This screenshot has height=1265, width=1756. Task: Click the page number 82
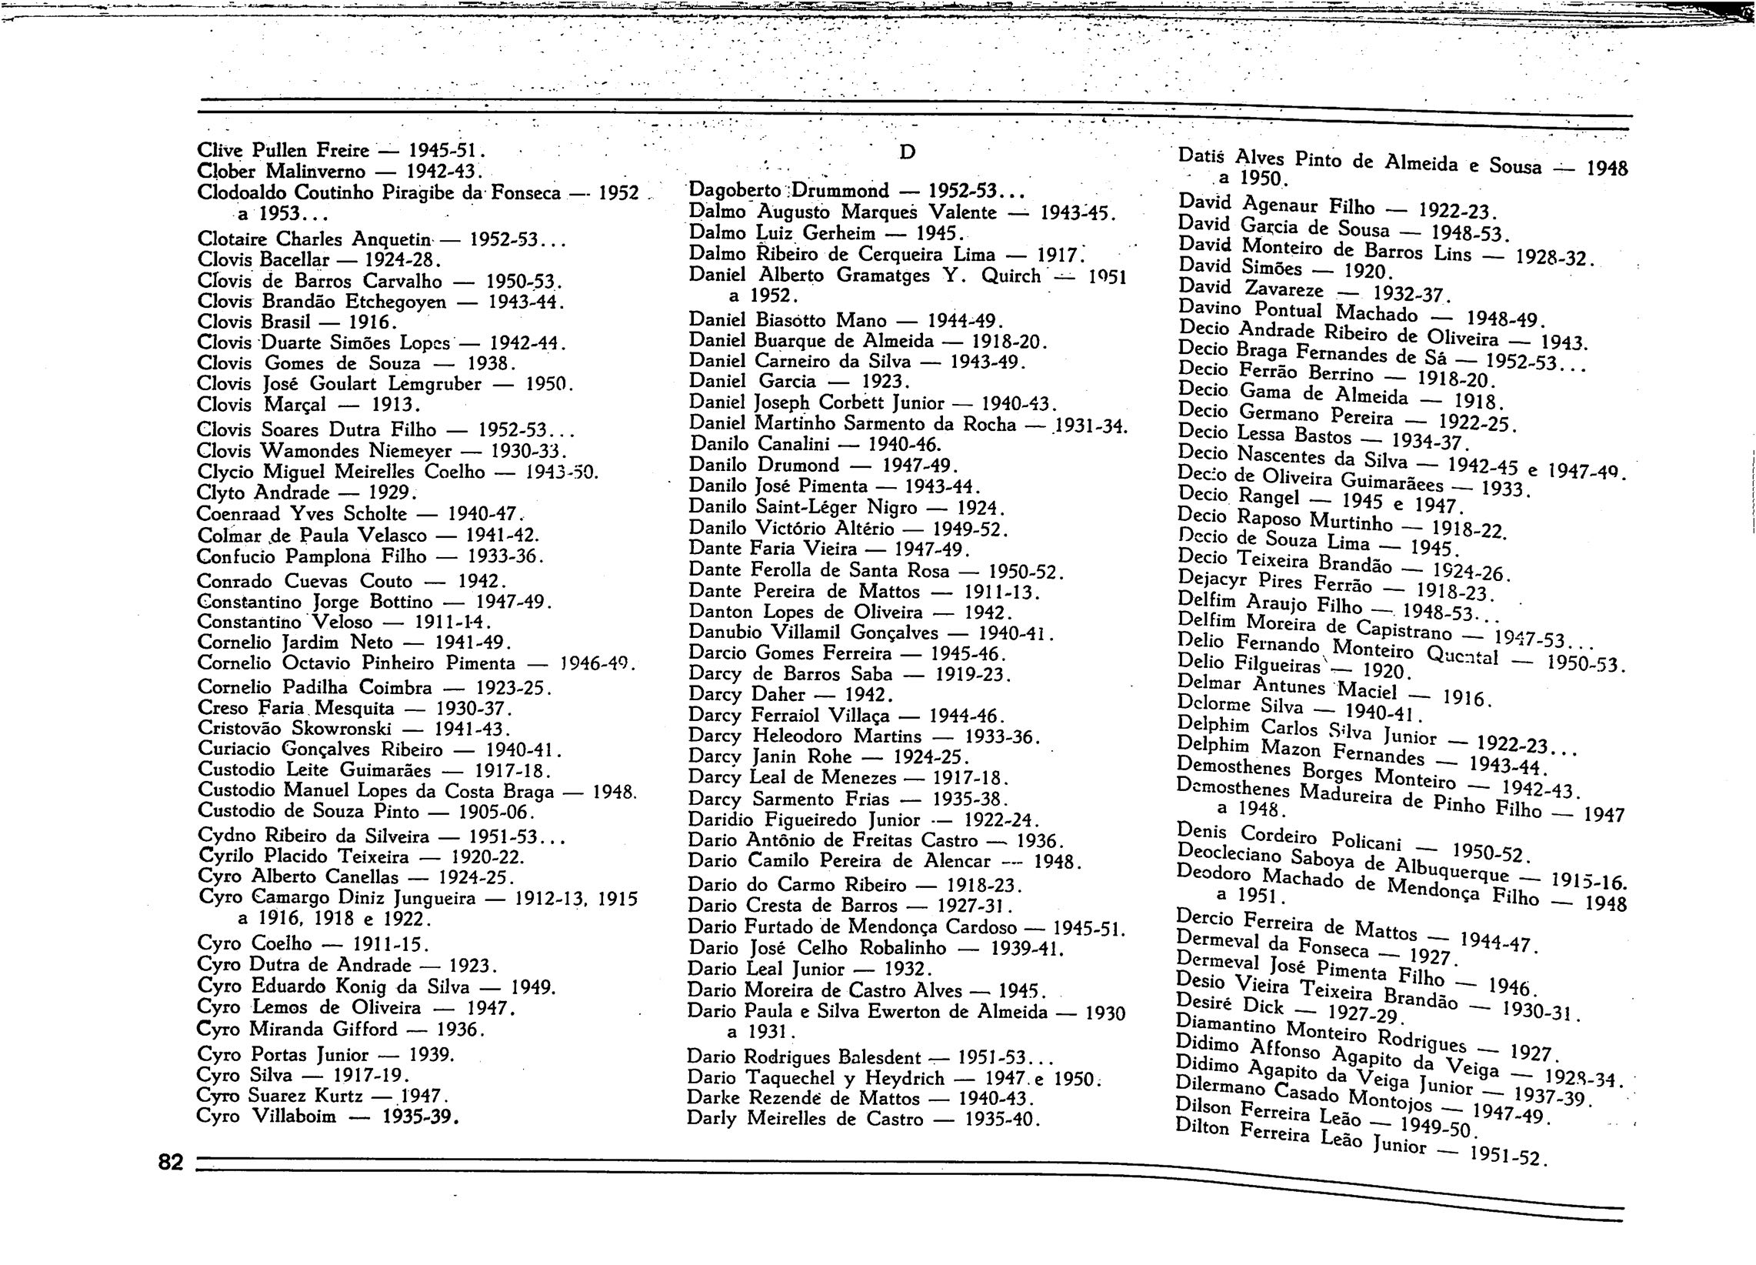tap(170, 1163)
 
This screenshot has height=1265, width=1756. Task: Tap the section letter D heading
tap(907, 152)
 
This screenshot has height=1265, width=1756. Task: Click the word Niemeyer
tap(411, 451)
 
